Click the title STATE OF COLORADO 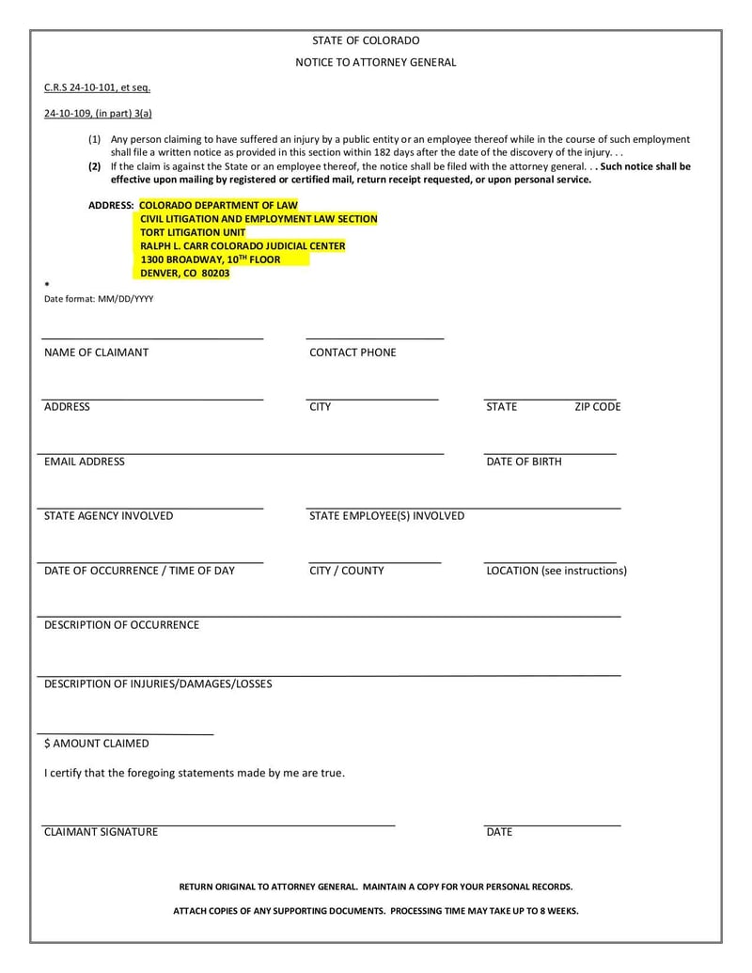click(x=366, y=40)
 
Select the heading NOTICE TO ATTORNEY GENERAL click(x=376, y=62)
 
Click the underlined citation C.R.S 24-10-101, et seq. click(x=97, y=87)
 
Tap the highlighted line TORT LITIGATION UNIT click(x=193, y=232)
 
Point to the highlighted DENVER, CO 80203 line click(x=184, y=274)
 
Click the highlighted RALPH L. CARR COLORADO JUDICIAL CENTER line click(x=243, y=246)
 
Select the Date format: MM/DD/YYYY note click(x=99, y=299)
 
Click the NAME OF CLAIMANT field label click(x=96, y=353)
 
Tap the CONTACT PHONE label click(x=352, y=353)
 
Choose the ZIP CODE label click(x=598, y=407)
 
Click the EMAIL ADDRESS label click(x=84, y=462)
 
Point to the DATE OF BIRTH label click(x=524, y=462)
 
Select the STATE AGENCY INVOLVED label click(x=108, y=516)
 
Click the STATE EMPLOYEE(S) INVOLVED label click(x=386, y=516)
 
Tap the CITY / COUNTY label click(x=346, y=571)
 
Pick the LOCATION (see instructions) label click(x=556, y=571)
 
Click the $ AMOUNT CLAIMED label click(x=96, y=744)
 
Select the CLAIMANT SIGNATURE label click(x=101, y=832)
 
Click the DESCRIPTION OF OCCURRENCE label click(x=121, y=625)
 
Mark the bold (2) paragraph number click(x=95, y=166)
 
